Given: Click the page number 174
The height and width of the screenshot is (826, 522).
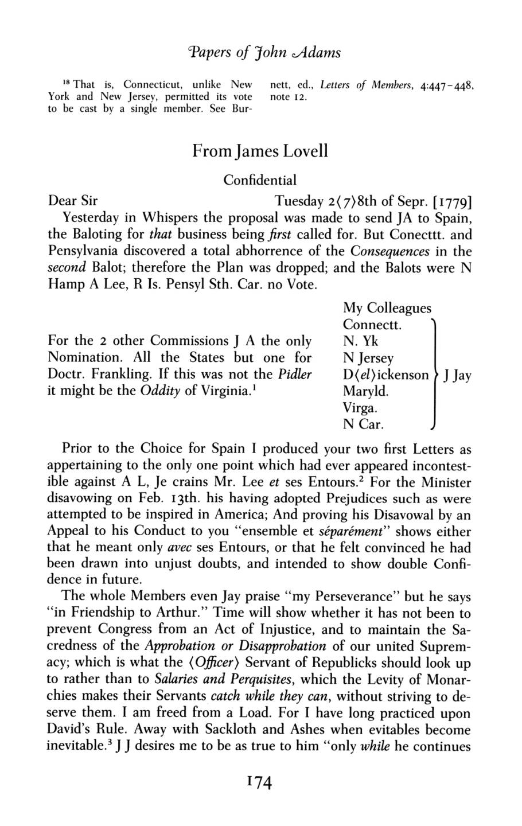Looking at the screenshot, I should [260, 782].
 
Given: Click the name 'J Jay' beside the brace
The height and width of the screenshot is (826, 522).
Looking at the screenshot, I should [455, 376].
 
